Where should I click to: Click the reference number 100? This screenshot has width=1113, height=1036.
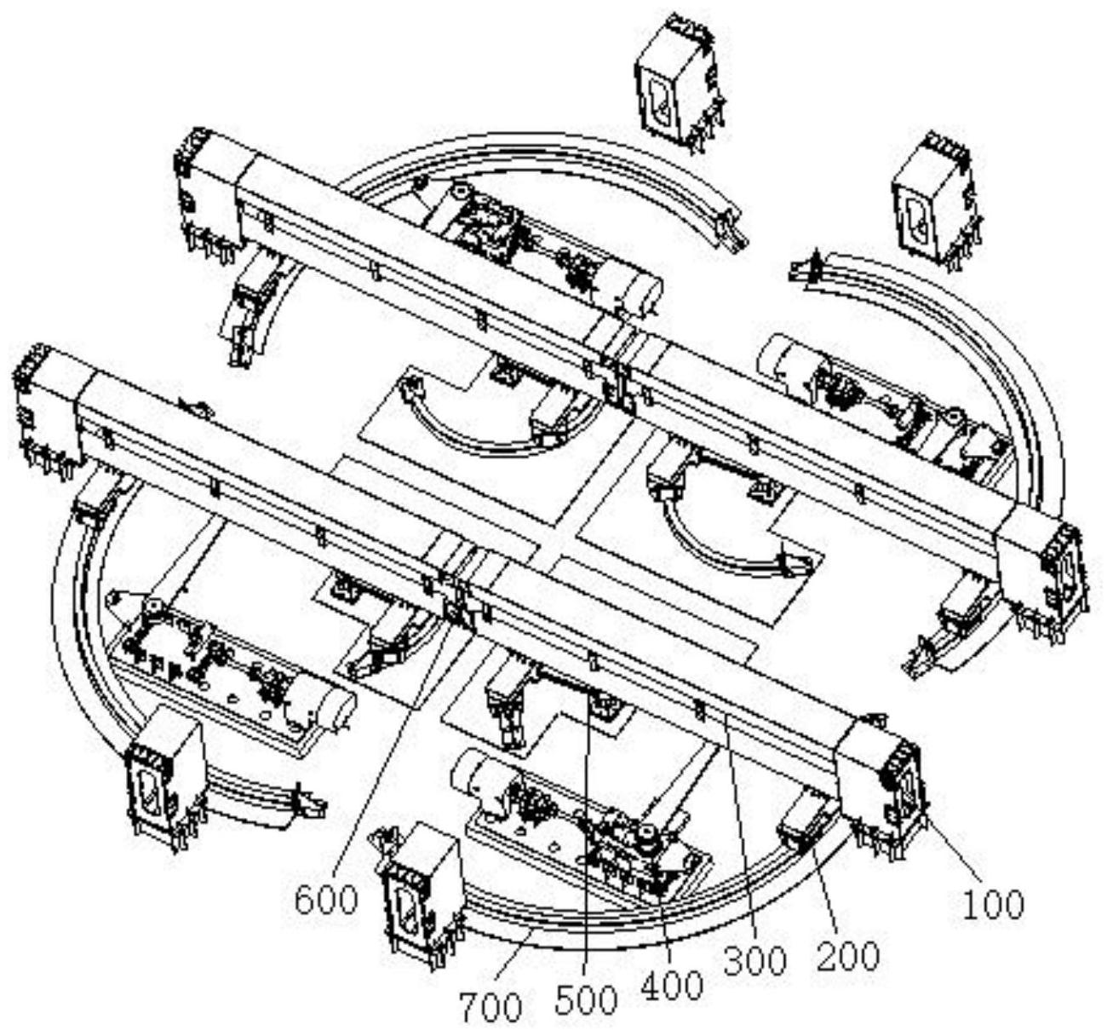pyautogui.click(x=993, y=904)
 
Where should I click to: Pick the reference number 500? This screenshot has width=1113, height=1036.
pyautogui.click(x=585, y=999)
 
